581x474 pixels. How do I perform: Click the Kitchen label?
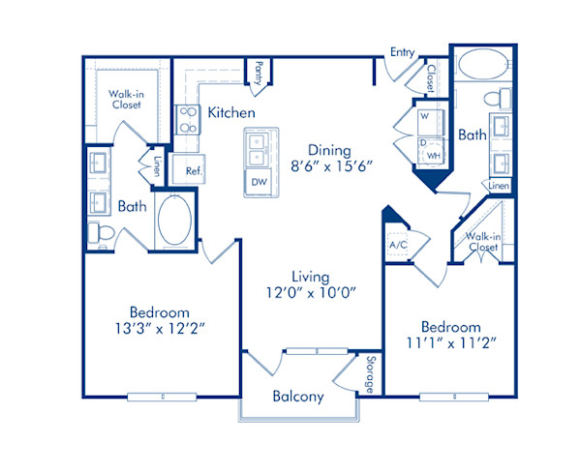point(231,113)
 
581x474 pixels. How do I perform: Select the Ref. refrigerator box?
point(194,170)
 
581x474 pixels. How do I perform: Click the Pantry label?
point(259,74)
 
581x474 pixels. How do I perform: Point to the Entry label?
point(403,52)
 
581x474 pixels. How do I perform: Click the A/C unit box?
point(398,246)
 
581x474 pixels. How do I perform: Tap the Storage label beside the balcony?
point(369,374)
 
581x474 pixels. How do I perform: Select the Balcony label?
point(297,397)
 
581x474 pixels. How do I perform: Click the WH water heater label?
point(435,154)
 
